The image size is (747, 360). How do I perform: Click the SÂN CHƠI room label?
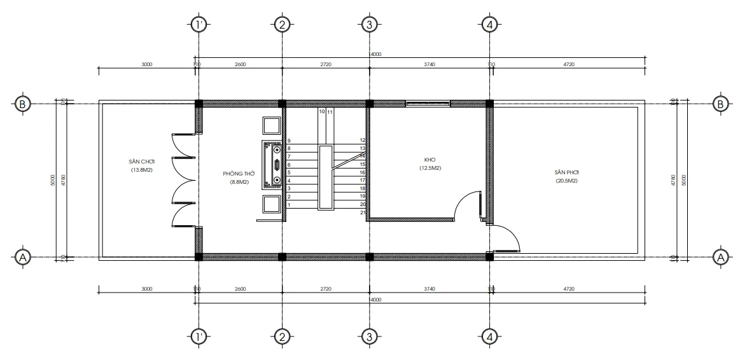[140, 162]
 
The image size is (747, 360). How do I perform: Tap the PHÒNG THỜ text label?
[239, 173]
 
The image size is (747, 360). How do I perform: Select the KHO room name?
[430, 160]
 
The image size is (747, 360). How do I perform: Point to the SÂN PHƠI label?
[565, 172]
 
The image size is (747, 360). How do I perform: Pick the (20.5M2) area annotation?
[565, 181]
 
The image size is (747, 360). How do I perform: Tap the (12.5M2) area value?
[430, 169]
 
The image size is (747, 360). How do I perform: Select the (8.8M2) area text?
[239, 182]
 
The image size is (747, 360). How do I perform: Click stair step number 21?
[362, 212]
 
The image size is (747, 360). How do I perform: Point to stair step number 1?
[290, 205]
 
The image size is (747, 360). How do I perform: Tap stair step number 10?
[322, 111]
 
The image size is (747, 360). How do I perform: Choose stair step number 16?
[362, 172]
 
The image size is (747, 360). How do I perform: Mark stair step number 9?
[290, 141]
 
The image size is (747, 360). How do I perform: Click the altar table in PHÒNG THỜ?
[276, 164]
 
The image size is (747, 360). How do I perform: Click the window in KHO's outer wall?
[428, 102]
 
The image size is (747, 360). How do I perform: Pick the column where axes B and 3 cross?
[368, 103]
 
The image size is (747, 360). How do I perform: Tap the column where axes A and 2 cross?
[282, 257]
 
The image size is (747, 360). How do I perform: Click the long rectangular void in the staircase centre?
[326, 176]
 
